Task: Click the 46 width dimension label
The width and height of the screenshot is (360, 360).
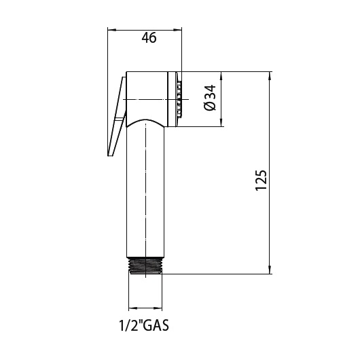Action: point(149,37)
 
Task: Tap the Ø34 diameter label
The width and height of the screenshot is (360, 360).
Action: point(210,98)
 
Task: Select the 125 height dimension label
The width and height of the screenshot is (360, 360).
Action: point(261,180)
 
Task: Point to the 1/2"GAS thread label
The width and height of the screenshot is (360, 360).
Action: point(144,325)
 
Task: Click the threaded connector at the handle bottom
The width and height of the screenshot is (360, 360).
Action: point(145,266)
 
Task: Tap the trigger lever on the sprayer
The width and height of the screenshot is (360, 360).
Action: point(117,116)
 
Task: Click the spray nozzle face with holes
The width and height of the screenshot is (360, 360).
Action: point(179,99)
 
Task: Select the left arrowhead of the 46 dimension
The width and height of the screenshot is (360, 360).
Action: point(111,30)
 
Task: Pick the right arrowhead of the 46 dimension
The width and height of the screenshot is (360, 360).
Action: point(177,30)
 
